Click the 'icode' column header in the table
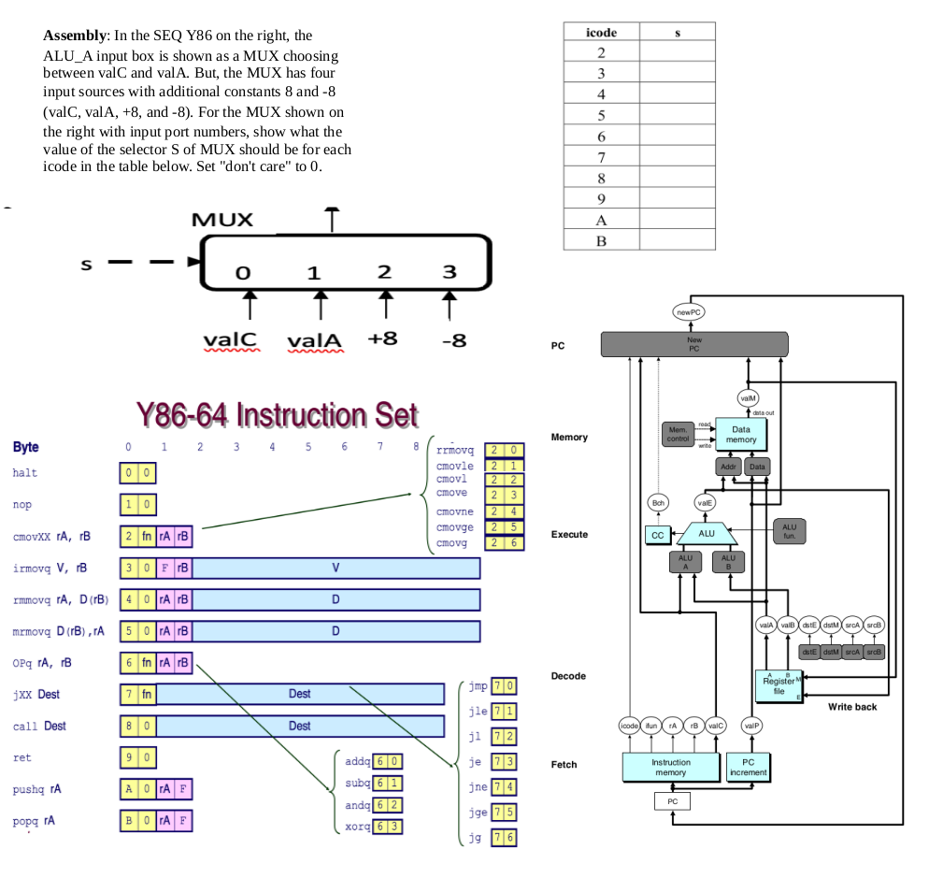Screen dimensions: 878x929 coord(600,33)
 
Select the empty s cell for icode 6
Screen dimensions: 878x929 coord(677,136)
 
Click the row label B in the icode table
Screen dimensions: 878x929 coord(601,240)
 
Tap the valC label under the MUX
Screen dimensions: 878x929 coord(230,339)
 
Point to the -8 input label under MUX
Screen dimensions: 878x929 coord(452,339)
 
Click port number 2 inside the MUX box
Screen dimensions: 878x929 coord(383,272)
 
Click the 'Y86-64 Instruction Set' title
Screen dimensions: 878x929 coord(277,414)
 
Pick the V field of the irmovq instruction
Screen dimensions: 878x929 coord(336,569)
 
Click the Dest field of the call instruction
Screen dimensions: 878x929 coord(299,726)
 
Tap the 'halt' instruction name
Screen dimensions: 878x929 coord(25,473)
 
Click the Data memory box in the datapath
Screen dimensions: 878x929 coord(740,433)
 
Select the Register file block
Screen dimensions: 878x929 coord(778,685)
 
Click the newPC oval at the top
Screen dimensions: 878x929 coord(690,310)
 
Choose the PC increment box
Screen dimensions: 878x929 coord(748,767)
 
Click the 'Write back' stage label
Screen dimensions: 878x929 coord(851,706)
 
